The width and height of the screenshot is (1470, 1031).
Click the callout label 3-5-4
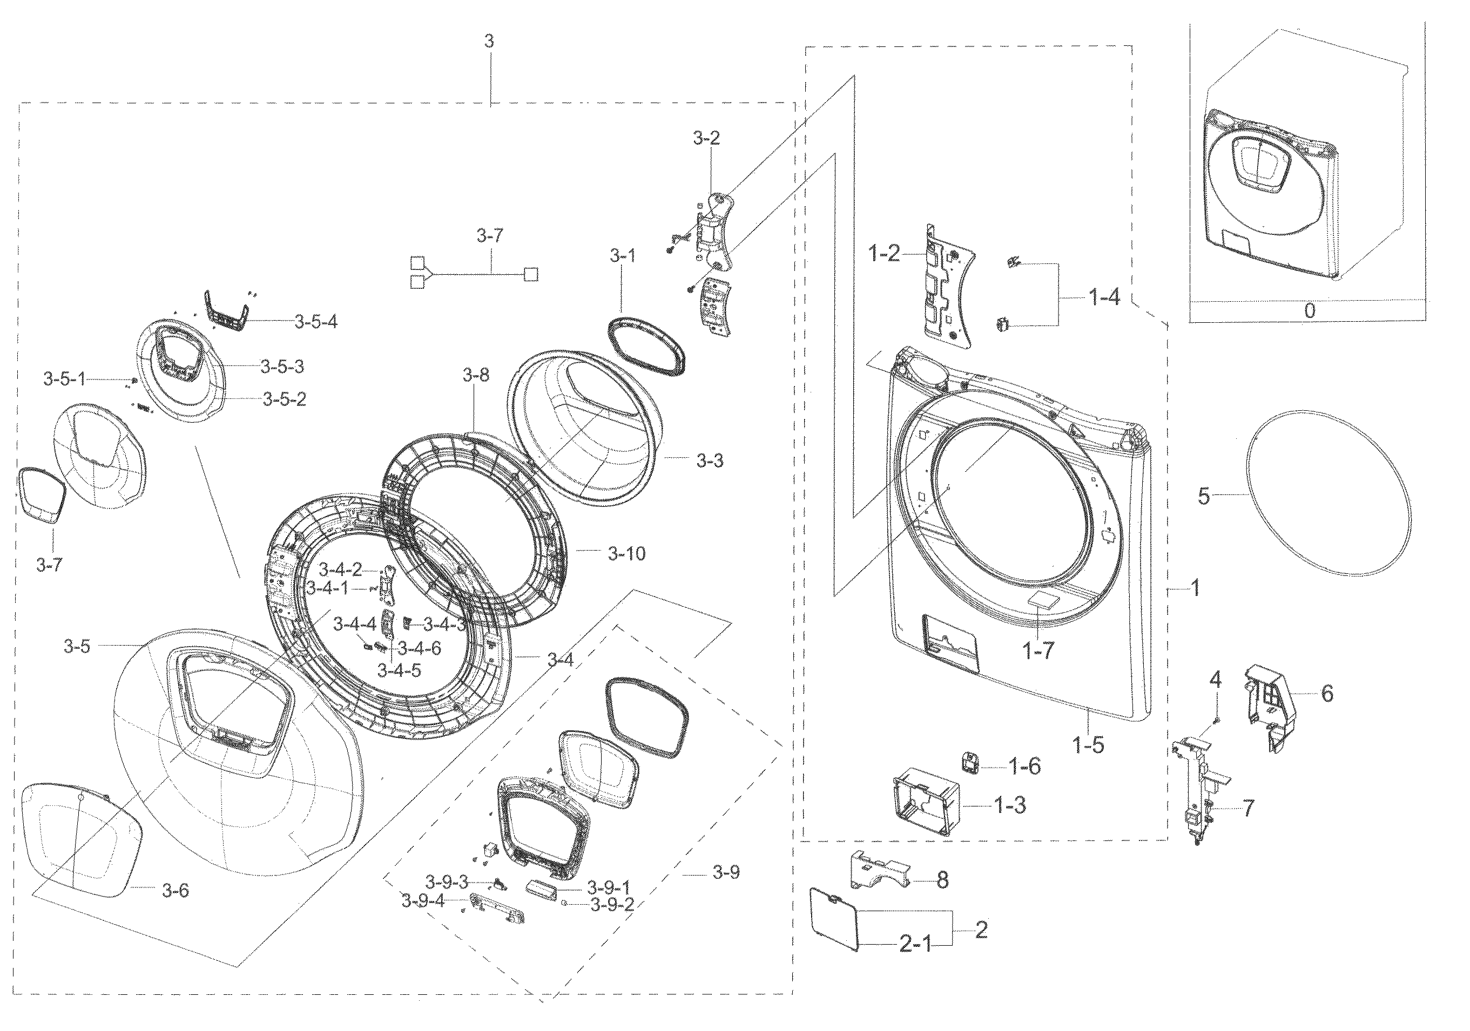315,322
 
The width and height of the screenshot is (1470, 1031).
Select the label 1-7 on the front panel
1038,652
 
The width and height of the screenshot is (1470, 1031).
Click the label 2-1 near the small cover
915,944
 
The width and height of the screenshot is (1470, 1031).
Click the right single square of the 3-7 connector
531,275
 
